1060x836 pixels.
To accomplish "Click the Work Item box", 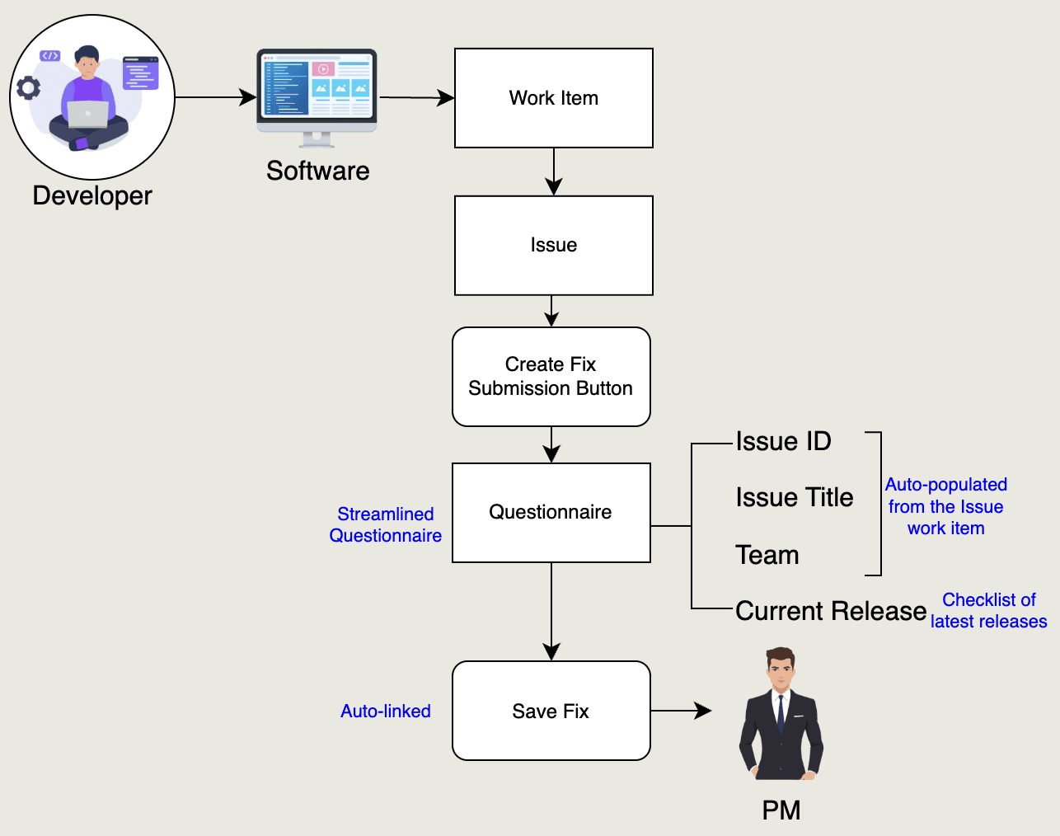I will [554, 98].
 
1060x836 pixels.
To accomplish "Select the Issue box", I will [554, 245].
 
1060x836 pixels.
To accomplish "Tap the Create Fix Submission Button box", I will [551, 377].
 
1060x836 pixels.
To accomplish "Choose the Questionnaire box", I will [551, 512].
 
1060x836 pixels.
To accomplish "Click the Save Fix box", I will [551, 711].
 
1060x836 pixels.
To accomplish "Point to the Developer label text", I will [92, 195].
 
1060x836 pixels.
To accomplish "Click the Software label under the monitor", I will [317, 171].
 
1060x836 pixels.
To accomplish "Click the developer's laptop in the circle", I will [87, 115].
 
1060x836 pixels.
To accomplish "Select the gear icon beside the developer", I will [29, 87].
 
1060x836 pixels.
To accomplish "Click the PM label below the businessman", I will [781, 810].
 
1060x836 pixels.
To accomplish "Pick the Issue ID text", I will [783, 442].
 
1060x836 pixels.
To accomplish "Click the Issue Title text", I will [794, 498].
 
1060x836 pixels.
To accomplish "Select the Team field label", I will [767, 555].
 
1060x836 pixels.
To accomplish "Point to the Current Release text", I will [830, 611].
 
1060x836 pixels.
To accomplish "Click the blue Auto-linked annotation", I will [386, 711].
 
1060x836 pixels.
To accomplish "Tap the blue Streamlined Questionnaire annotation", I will [386, 524].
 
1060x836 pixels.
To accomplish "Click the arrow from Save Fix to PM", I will [681, 711].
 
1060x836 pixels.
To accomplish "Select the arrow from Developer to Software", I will [215, 97].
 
